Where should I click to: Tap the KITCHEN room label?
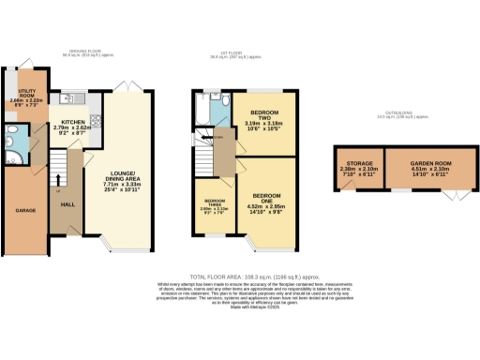pyautogui.click(x=75, y=123)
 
